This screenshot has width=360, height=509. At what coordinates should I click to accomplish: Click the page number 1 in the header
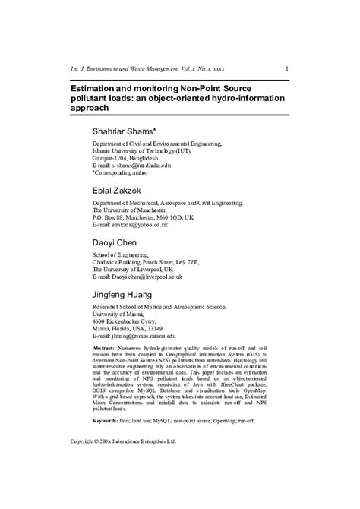pyautogui.click(x=286, y=69)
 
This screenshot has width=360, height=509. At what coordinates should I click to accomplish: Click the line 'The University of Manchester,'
pyautogui.click(x=131, y=210)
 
